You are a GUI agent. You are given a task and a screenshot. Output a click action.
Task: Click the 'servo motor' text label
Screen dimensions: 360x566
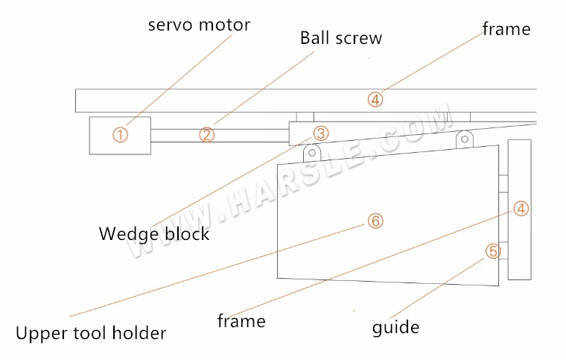(x=199, y=24)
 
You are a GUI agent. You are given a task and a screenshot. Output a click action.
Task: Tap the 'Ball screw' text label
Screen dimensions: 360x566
(x=341, y=38)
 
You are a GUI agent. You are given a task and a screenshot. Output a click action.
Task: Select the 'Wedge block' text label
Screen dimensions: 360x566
(x=154, y=233)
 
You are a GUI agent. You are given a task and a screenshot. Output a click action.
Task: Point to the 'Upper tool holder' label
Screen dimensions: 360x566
(x=91, y=332)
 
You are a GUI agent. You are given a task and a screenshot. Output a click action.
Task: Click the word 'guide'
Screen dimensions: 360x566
(x=395, y=327)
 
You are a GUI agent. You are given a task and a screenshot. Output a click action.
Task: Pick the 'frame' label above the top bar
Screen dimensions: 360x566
(x=506, y=29)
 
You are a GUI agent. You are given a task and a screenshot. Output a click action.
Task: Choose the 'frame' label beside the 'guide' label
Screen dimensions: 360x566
(x=241, y=321)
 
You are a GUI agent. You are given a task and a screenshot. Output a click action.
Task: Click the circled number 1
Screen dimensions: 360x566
(x=121, y=135)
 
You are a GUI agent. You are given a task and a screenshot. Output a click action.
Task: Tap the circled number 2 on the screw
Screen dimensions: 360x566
(x=206, y=135)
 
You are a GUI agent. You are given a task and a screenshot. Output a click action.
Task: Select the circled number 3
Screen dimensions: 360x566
(x=320, y=133)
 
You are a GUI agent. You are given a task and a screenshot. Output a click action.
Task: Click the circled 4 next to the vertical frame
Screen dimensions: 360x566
(x=521, y=209)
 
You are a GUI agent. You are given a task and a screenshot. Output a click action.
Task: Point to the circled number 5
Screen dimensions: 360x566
(x=492, y=251)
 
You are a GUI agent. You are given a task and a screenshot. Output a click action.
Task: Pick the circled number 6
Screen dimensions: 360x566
(x=375, y=221)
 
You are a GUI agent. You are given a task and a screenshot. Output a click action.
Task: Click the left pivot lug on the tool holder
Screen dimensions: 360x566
(x=311, y=152)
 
